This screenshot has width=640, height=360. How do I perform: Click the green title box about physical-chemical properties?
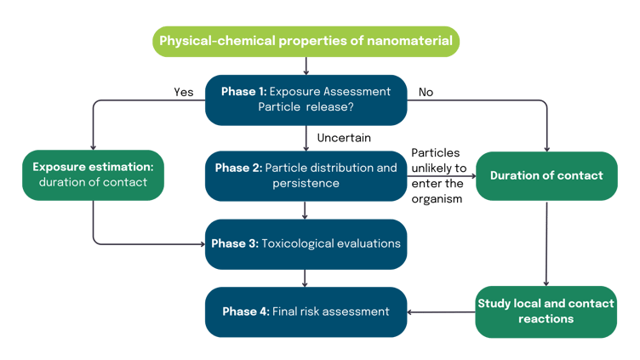click(306, 41)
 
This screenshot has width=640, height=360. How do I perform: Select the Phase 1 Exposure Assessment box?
click(306, 100)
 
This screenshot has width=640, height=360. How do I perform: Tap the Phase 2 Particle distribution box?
click(306, 175)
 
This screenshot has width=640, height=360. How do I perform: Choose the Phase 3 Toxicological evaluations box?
click(306, 243)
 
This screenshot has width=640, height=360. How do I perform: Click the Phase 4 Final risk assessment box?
click(306, 311)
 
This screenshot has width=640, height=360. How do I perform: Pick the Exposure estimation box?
click(91, 174)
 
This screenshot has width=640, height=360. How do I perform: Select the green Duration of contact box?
click(546, 175)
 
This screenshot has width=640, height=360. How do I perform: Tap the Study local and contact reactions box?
click(546, 311)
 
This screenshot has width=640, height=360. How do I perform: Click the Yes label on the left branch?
click(183, 92)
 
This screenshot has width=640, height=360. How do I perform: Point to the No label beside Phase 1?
click(426, 92)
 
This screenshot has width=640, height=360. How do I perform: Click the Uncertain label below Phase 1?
click(344, 137)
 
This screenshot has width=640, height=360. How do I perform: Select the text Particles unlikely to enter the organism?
click(437, 175)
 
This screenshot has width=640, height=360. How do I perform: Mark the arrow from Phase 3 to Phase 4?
click(306, 278)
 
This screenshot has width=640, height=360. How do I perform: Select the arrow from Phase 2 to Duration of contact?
click(441, 179)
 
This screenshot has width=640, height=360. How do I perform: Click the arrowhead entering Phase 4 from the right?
click(412, 311)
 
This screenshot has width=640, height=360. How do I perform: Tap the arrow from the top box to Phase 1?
click(306, 66)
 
